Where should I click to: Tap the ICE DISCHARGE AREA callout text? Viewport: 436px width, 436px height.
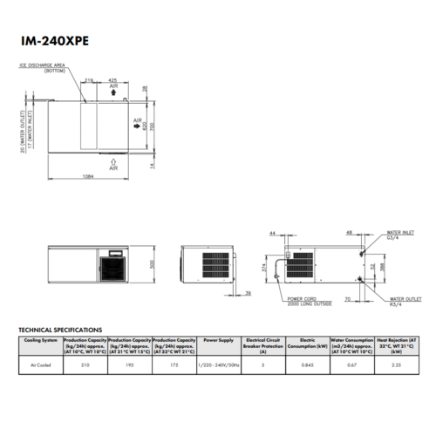click(41, 69)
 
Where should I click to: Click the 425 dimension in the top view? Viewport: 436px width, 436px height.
click(113, 80)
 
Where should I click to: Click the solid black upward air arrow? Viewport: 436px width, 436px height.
click(113, 93)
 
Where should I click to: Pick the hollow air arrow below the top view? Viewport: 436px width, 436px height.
click(112, 160)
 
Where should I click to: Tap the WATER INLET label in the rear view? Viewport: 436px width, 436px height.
click(399, 235)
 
